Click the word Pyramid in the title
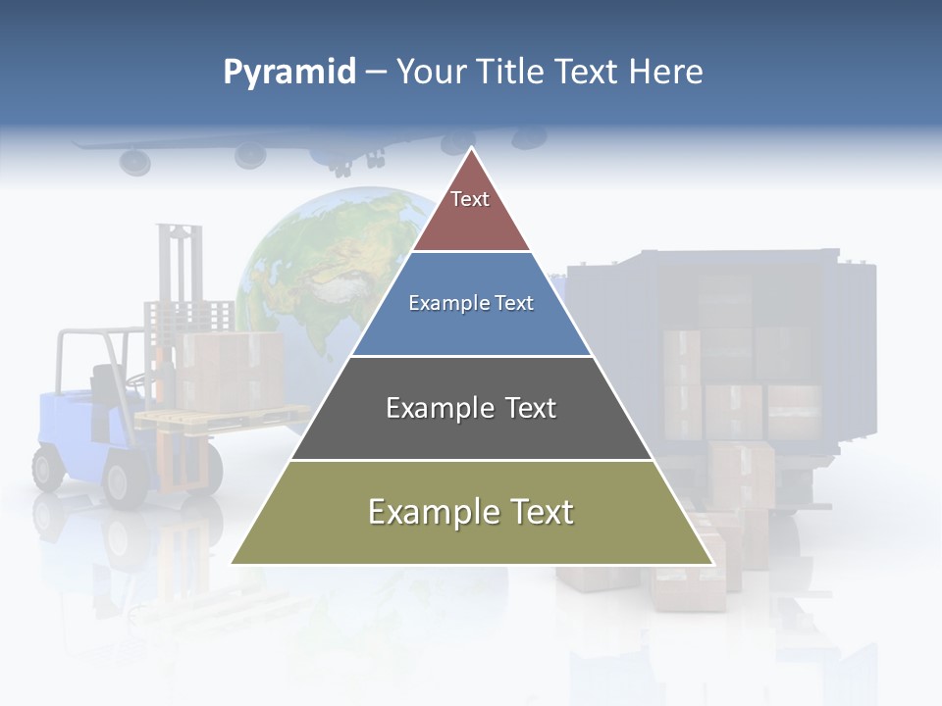pyautogui.click(x=289, y=73)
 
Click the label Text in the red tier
pyautogui.click(x=470, y=199)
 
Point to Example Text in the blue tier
pyautogui.click(x=471, y=303)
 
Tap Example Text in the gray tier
pyautogui.click(x=471, y=408)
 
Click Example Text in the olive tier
pyautogui.click(x=471, y=512)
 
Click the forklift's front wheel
pyautogui.click(x=127, y=481)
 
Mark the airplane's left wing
pyautogui.click(x=177, y=147)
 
